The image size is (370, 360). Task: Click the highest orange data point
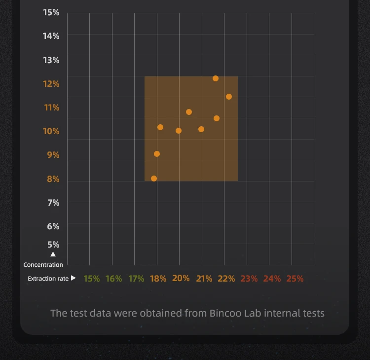pos(216,78)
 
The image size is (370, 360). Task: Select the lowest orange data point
pos(154,179)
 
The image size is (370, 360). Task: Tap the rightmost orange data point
pos(229,97)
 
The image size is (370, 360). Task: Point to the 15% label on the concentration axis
pos(51,12)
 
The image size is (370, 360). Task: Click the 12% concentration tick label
pos(51,84)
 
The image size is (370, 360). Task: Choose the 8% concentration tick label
pos(53,179)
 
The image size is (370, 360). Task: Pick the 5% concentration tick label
pos(53,245)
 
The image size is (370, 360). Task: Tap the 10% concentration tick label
pos(51,131)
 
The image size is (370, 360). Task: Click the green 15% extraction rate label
pos(91,279)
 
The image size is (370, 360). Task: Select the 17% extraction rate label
pos(136,279)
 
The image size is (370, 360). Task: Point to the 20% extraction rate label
pos(181,278)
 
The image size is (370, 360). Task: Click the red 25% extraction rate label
pos(295,279)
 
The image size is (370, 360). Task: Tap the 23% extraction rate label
pos(249,279)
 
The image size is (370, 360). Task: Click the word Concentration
pos(43,265)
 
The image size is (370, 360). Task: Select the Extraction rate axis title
pos(48,279)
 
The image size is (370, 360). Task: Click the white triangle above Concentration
pos(53,254)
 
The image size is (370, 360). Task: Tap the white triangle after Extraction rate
pos(74,278)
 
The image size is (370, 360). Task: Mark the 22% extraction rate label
pos(226,279)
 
